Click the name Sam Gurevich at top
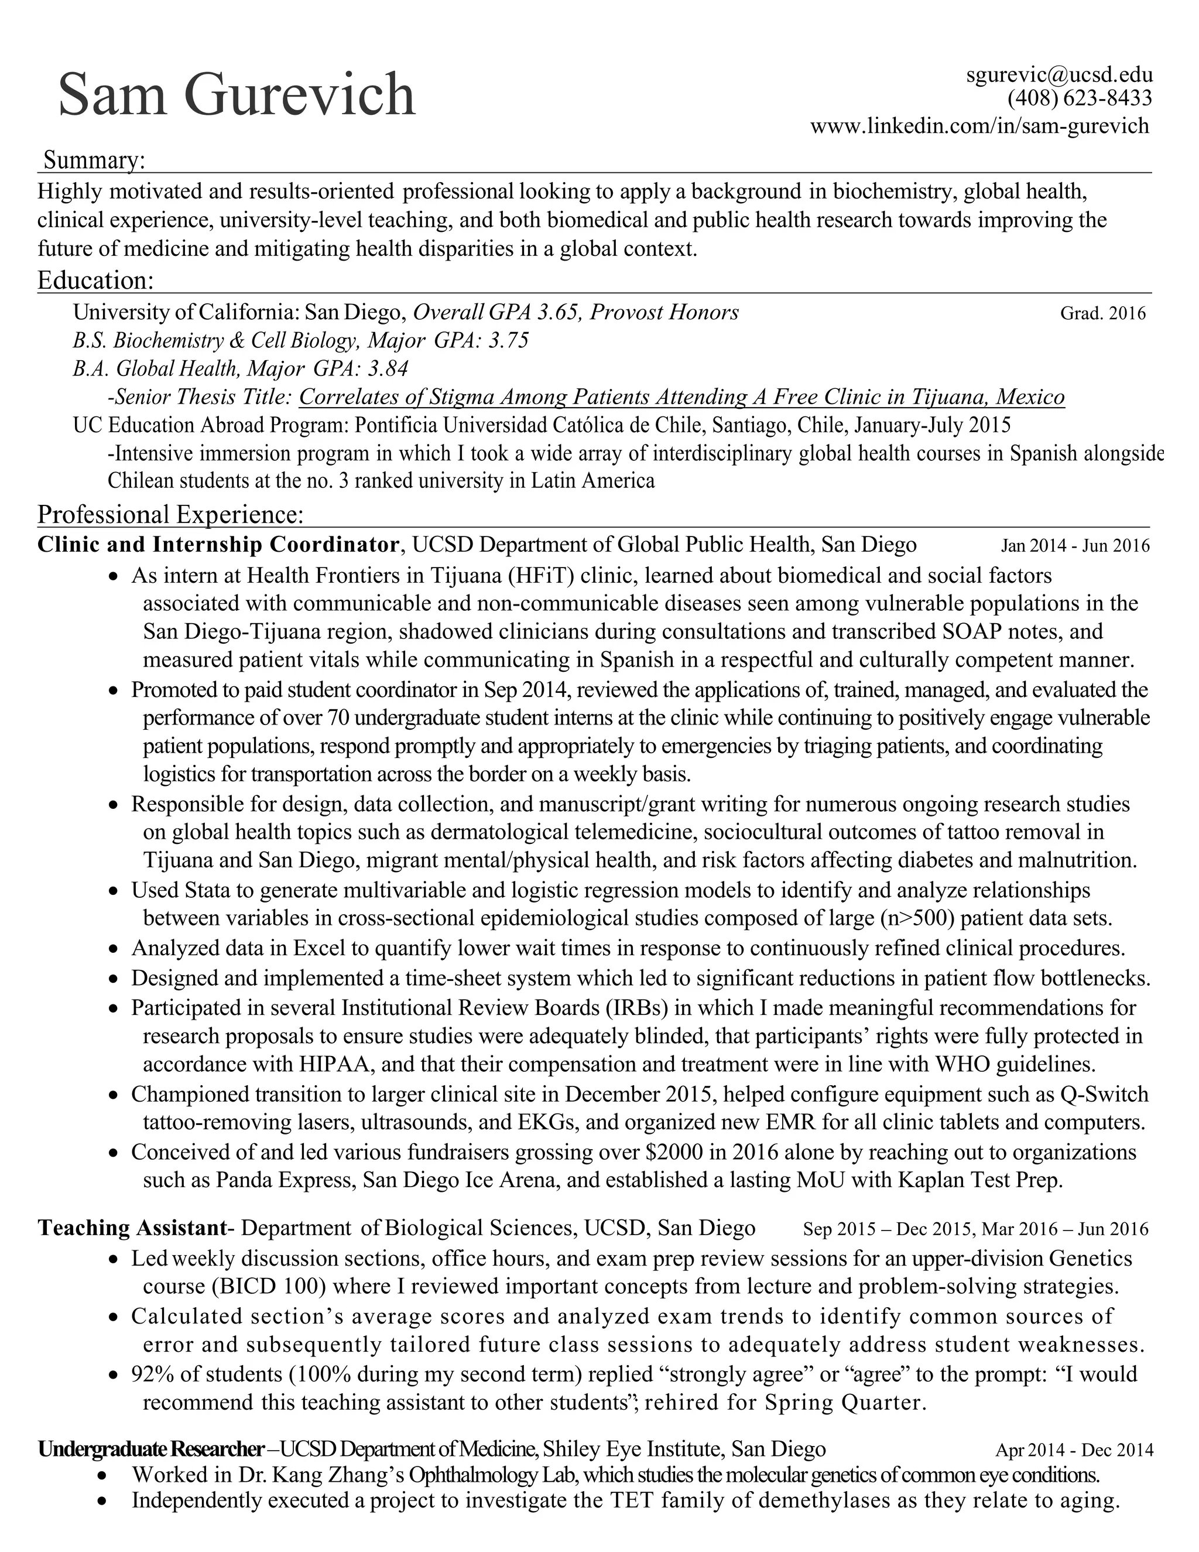tap(237, 94)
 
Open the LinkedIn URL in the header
tap(979, 127)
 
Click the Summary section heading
tap(94, 160)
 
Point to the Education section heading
tap(95, 280)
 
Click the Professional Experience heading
tap(170, 514)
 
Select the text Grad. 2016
tap(1102, 313)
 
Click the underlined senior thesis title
tap(681, 396)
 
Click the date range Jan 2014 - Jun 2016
tap(1075, 546)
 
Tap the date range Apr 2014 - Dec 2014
tap(1074, 1450)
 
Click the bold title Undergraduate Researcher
tap(150, 1449)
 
